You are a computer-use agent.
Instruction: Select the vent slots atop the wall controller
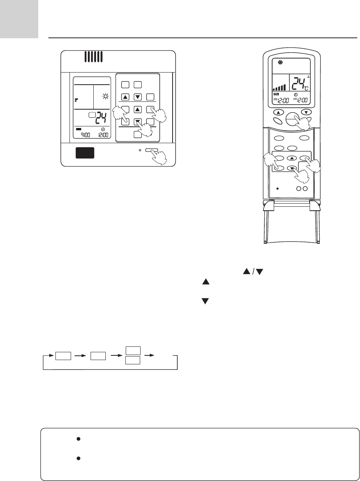coord(93,57)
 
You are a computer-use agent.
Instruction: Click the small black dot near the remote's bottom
coord(277,188)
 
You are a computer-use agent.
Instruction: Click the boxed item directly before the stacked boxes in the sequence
coord(98,356)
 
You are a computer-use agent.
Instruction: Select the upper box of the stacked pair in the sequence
coord(132,351)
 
